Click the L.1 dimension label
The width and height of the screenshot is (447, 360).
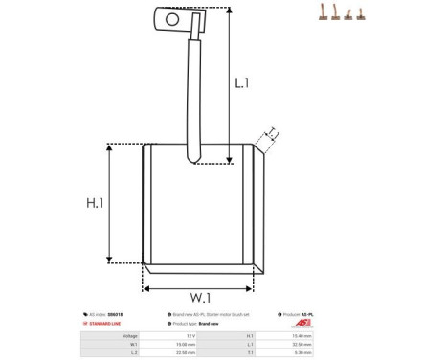(242, 83)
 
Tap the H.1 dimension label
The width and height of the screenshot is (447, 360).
(95, 203)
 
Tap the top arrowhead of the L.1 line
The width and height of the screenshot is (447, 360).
(230, 11)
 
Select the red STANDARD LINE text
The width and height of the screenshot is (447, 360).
(106, 324)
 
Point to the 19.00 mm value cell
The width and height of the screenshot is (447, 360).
(192, 345)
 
